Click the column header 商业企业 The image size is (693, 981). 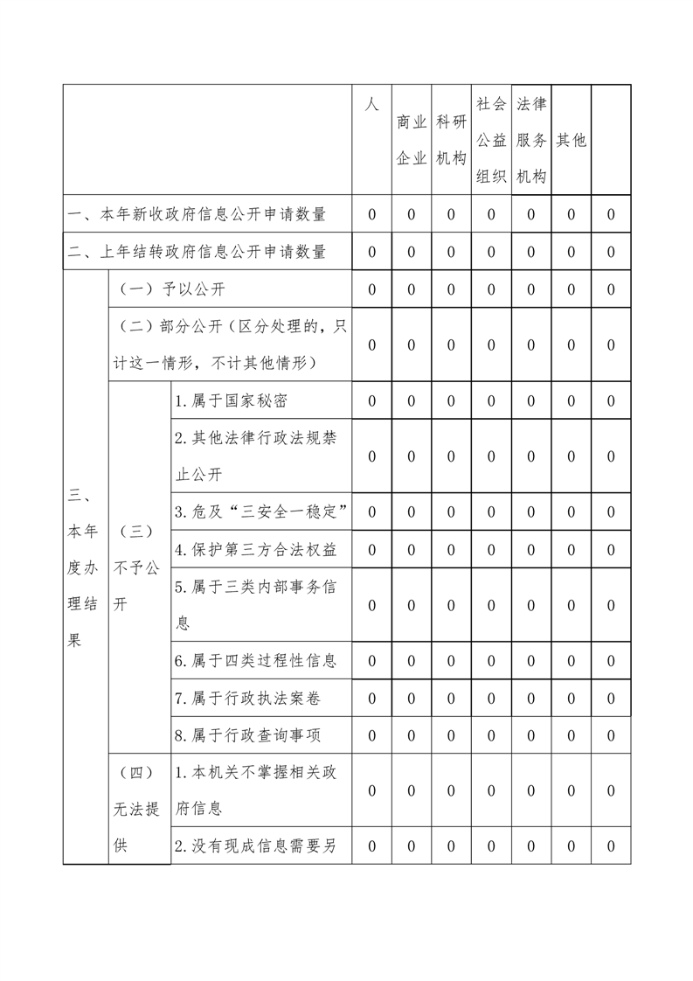tap(412, 140)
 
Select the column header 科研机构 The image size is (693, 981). tap(451, 140)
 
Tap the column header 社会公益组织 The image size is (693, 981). tap(491, 140)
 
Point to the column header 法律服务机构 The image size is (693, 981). tap(531, 140)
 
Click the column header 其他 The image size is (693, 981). tap(572, 140)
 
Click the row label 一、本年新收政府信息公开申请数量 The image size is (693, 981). tap(198, 214)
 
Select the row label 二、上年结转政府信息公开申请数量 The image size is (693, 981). tap(198, 252)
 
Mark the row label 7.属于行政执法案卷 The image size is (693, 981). tap(243, 698)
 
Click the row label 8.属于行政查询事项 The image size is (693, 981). tap(243, 735)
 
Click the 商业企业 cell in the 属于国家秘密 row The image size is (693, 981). tap(412, 401)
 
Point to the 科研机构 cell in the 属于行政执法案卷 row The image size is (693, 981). tap(451, 698)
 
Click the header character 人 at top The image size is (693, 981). tap(371, 104)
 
